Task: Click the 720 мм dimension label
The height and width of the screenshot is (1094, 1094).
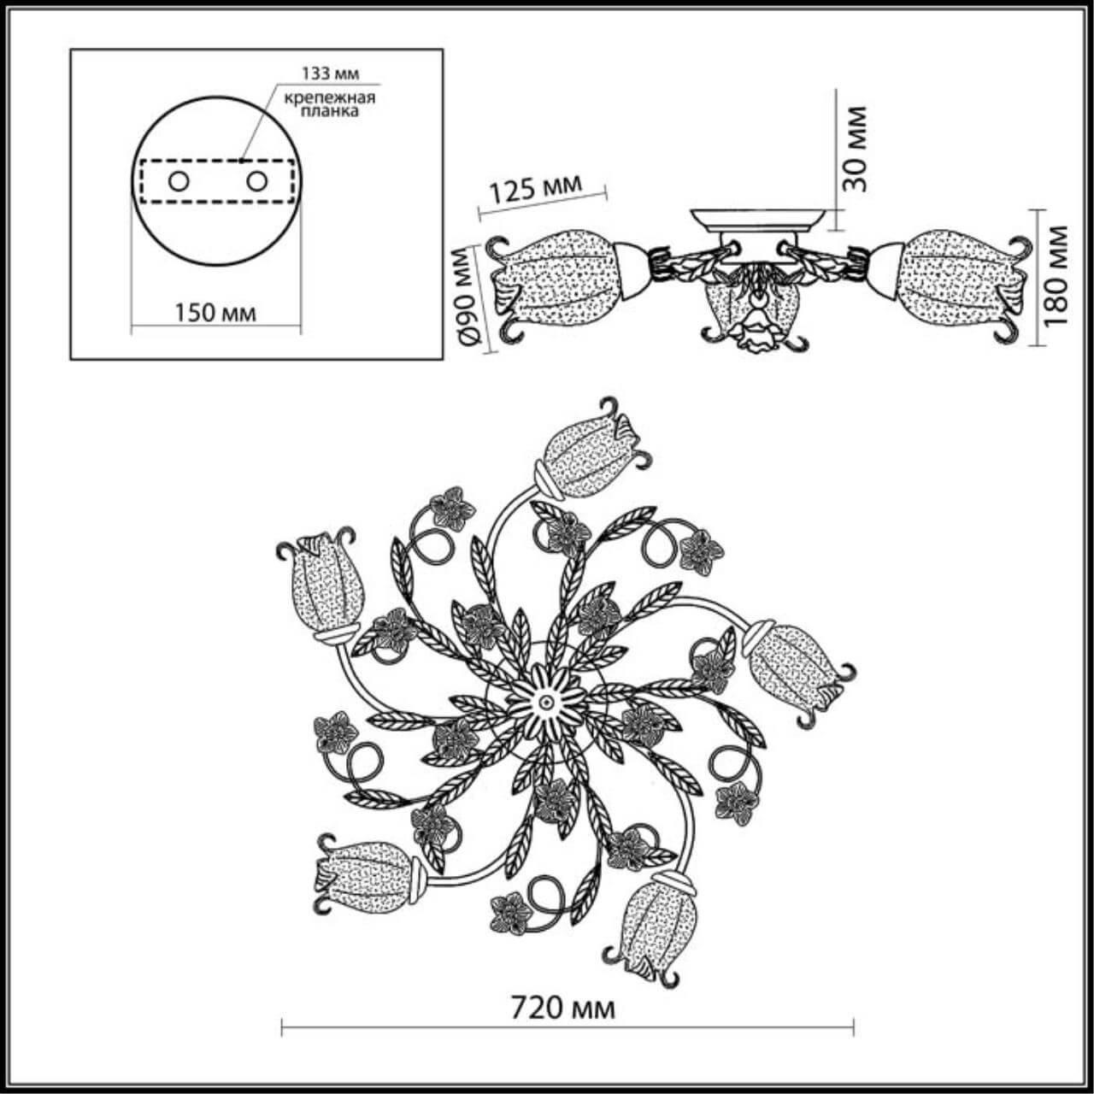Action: (562, 1009)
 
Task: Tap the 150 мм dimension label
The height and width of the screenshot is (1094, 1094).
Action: (215, 312)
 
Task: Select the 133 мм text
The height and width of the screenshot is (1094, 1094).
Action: (326, 71)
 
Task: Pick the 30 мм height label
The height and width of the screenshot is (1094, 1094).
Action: (853, 148)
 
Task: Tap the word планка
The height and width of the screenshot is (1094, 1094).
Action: (330, 112)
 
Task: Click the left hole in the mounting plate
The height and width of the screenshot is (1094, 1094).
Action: (179, 181)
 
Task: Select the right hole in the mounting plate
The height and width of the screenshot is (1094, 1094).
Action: (256, 181)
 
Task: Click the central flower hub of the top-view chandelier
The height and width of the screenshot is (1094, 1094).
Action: (544, 699)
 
